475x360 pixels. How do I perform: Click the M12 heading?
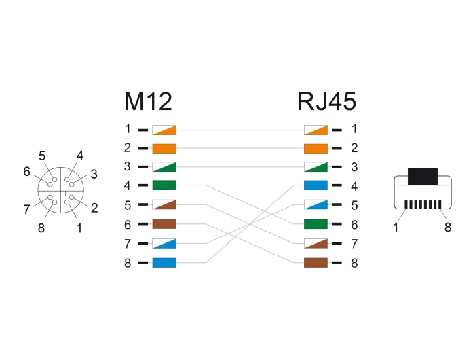[x=148, y=102]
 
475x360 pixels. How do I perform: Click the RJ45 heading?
[x=326, y=102]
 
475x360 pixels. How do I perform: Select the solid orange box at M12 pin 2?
[x=164, y=147]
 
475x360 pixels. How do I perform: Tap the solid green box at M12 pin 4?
[x=164, y=185]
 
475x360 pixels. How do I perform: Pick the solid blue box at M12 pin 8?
[x=164, y=262]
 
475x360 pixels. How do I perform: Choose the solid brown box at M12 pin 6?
[x=164, y=224]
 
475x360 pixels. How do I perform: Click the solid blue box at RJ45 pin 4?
[x=316, y=185]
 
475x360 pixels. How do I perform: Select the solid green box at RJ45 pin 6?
[x=316, y=224]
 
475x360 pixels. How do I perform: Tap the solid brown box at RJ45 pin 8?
[x=316, y=262]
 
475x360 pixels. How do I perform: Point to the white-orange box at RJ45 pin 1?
[x=316, y=129]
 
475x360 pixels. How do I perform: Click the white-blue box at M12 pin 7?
[x=164, y=243]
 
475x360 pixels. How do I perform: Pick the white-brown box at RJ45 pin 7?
[x=316, y=243]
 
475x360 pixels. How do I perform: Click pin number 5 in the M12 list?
[x=128, y=204]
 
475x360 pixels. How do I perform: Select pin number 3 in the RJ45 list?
[x=354, y=166]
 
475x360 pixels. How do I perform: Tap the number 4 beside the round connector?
[x=80, y=156]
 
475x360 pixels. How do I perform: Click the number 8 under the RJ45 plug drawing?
[x=448, y=228]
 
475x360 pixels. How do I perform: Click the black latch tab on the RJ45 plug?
[x=423, y=175]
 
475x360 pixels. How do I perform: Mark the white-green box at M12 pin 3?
[x=164, y=166]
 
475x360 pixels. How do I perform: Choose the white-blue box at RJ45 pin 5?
[x=316, y=204]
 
